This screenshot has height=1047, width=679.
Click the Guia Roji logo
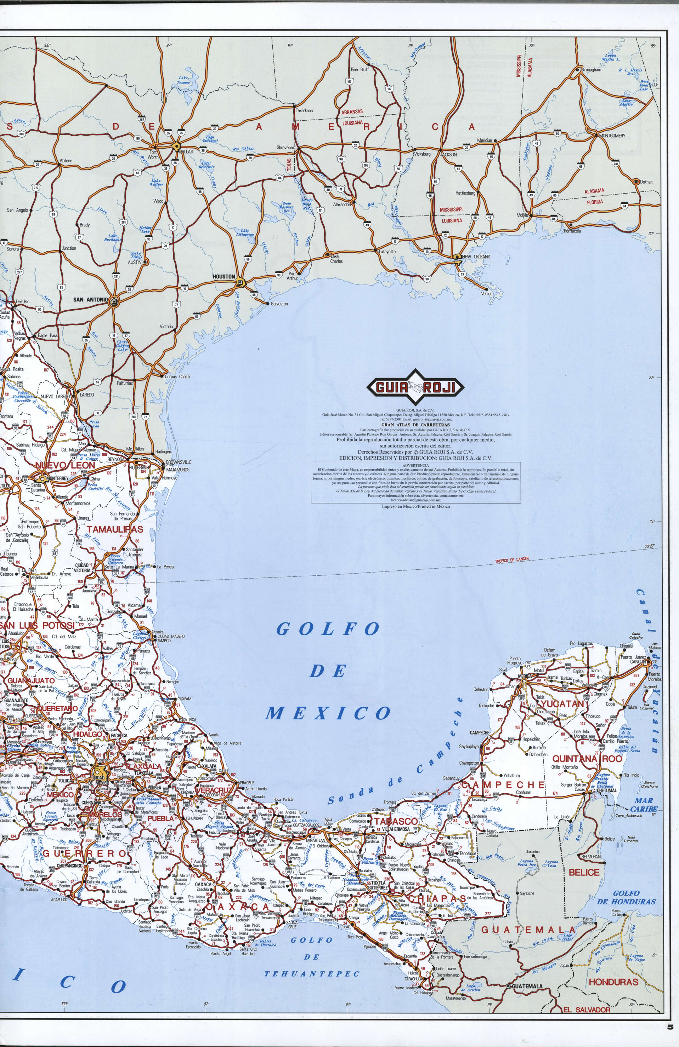point(415,387)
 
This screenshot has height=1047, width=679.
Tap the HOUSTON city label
point(224,277)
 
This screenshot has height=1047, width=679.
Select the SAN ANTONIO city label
point(90,300)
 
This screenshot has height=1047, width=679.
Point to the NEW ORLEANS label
point(476,256)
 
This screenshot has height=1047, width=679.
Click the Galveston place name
point(279,304)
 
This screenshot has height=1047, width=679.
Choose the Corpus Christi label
point(177,376)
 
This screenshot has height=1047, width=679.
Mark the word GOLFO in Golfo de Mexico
point(328,629)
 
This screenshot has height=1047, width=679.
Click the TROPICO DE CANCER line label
point(512,560)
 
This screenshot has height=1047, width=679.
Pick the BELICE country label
point(584,872)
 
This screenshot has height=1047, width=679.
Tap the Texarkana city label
point(304,110)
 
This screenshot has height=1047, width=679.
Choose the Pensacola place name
point(572,230)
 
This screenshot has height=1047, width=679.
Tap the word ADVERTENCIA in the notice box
point(416,465)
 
